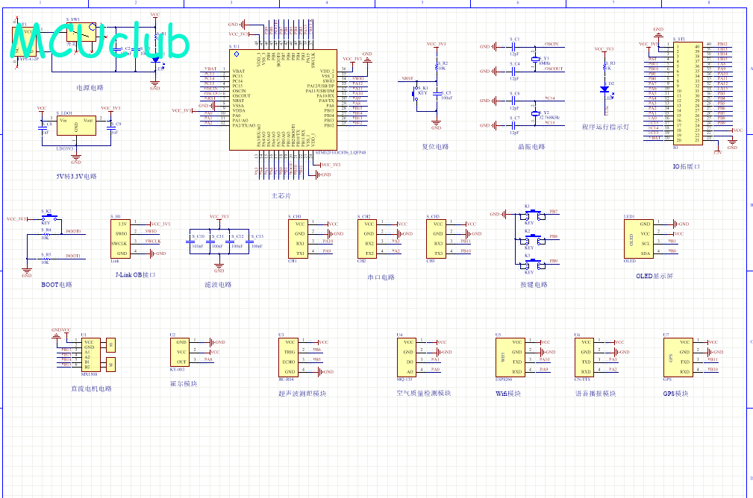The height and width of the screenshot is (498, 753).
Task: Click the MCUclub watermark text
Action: pyautogui.click(x=101, y=42)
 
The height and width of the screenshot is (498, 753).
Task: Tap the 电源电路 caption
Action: pyautogui.click(x=90, y=87)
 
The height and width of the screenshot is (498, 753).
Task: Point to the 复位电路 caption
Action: pyautogui.click(x=435, y=146)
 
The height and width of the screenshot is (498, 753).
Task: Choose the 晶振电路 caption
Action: pyautogui.click(x=531, y=147)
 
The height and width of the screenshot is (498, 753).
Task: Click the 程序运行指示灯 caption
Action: pyautogui.click(x=605, y=127)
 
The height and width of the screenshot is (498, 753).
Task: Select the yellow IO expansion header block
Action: pyautogui.click(x=687, y=93)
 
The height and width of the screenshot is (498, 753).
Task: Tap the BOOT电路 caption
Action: pyautogui.click(x=57, y=285)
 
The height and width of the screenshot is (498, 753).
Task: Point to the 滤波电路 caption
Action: pyautogui.click(x=218, y=285)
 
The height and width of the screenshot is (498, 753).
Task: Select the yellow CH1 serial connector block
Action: pyautogui.click(x=299, y=238)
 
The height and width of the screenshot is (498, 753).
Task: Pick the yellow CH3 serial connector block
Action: pyautogui.click(x=438, y=238)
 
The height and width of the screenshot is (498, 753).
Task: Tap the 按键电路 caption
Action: pyautogui.click(x=534, y=285)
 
